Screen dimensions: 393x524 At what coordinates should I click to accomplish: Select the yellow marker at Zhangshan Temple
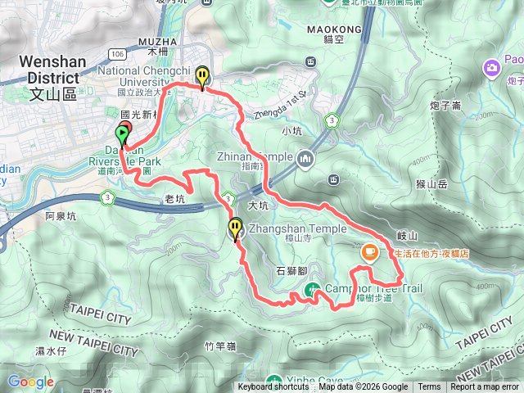236,230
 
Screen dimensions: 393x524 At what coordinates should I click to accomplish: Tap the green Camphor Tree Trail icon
313,289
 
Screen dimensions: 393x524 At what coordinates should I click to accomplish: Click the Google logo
30,382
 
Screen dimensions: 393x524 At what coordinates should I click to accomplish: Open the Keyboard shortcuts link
273,387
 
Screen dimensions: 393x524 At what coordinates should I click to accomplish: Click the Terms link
429,387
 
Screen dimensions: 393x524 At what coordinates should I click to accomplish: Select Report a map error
484,387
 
